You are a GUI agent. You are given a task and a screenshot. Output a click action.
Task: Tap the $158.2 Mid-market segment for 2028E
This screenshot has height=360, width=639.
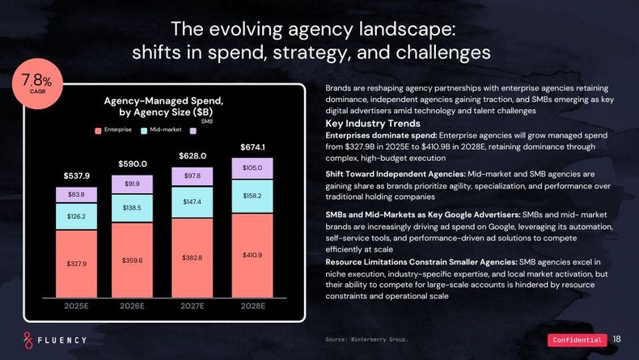tap(253, 196)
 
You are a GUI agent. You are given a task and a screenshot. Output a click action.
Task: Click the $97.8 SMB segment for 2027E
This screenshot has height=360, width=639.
tap(193, 176)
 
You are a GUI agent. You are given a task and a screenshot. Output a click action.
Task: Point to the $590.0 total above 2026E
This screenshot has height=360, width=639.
tap(133, 163)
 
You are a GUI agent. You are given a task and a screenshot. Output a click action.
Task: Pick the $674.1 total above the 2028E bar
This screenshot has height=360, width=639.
tap(253, 147)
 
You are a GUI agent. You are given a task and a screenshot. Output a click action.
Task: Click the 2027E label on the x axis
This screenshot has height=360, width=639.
tap(193, 306)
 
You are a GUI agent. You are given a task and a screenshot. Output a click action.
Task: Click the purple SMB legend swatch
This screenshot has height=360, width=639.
tap(193, 129)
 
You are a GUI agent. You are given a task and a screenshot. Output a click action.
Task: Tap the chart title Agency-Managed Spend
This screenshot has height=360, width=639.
tap(163, 100)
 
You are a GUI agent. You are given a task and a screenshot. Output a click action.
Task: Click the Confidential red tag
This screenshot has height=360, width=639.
tap(578, 340)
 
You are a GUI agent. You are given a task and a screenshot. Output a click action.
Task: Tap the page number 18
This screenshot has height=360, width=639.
tap(617, 339)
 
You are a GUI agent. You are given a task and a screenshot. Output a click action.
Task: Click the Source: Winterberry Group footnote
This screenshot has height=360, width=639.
tap(366, 340)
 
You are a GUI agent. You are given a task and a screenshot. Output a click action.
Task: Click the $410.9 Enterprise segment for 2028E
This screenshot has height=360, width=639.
tap(253, 256)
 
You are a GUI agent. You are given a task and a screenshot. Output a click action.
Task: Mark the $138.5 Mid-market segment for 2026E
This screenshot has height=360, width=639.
tap(133, 208)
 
